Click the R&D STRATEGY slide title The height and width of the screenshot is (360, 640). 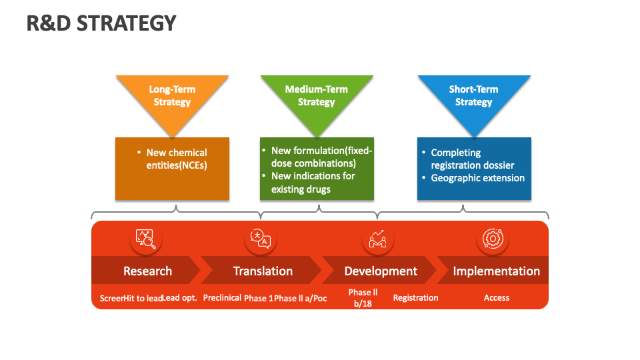[101, 23]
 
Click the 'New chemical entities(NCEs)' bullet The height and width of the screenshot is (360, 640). [176, 159]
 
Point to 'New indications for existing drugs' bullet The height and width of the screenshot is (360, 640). [313, 183]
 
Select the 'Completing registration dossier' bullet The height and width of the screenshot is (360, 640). [472, 159]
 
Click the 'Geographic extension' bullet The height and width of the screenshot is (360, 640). [477, 178]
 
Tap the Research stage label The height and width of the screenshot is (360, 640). [147, 271]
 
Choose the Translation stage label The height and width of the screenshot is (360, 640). [263, 271]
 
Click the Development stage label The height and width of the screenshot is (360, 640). [381, 271]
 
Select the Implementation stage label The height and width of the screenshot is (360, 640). [496, 271]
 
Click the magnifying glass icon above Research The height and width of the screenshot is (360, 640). [146, 239]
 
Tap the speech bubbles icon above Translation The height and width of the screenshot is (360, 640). [261, 239]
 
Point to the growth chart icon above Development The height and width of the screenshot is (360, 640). [378, 239]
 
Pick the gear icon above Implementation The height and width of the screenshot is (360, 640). [493, 239]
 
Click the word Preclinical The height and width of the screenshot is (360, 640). [222, 298]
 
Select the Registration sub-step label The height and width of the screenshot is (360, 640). [415, 298]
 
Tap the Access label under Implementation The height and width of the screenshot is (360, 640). [496, 298]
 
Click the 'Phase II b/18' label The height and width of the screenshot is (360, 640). [363, 297]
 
